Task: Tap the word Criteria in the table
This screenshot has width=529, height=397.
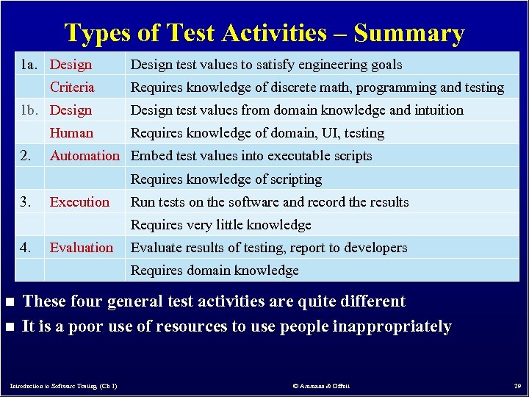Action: tap(72, 87)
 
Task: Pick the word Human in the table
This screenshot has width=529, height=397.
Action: tap(71, 133)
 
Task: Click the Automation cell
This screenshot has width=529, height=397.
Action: tap(84, 156)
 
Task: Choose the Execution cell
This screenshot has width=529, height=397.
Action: tap(79, 202)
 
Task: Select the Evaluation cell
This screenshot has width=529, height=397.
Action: tap(82, 248)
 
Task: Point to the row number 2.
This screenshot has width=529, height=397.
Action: tap(26, 156)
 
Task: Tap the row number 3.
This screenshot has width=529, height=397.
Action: tap(26, 202)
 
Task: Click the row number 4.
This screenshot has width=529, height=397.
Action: tap(26, 248)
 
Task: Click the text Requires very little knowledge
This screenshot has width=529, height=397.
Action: tap(220, 225)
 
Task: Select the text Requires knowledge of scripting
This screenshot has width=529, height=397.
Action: tap(226, 179)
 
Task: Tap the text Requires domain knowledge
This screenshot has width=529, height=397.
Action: tap(215, 271)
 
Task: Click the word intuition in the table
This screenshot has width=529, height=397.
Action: tap(437, 110)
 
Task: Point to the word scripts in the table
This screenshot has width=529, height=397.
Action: tap(352, 156)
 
